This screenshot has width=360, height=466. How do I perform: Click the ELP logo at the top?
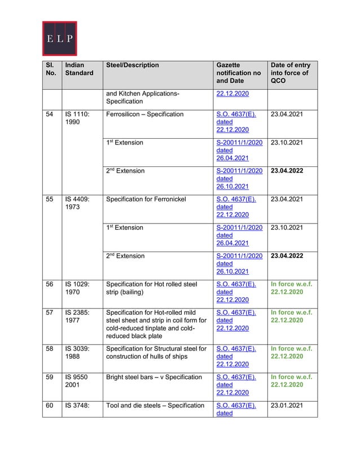pyautogui.click(x=59, y=38)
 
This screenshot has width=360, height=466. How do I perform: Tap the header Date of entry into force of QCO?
pyautogui.click(x=290, y=73)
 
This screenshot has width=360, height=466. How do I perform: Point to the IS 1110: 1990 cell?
pyautogui.click(x=76, y=118)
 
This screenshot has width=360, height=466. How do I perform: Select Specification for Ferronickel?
pyautogui.click(x=146, y=199)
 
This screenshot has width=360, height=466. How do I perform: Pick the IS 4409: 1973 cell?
pyautogui.click(x=76, y=203)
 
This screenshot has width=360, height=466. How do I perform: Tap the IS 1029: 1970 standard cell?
pyautogui.click(x=76, y=288)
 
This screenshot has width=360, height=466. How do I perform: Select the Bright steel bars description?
pyautogui.click(x=153, y=377)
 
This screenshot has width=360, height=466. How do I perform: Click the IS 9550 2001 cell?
pyautogui.click(x=75, y=381)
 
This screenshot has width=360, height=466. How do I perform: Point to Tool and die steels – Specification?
pyautogui.click(x=155, y=405)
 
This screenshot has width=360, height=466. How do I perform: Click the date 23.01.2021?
pyautogui.click(x=287, y=405)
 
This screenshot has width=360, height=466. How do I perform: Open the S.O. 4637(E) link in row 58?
pyautogui.click(x=236, y=349)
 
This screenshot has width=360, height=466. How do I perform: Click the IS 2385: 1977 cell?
pyautogui.click(x=76, y=316)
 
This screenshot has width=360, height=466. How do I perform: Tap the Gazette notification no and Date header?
pyautogui.click(x=238, y=73)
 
